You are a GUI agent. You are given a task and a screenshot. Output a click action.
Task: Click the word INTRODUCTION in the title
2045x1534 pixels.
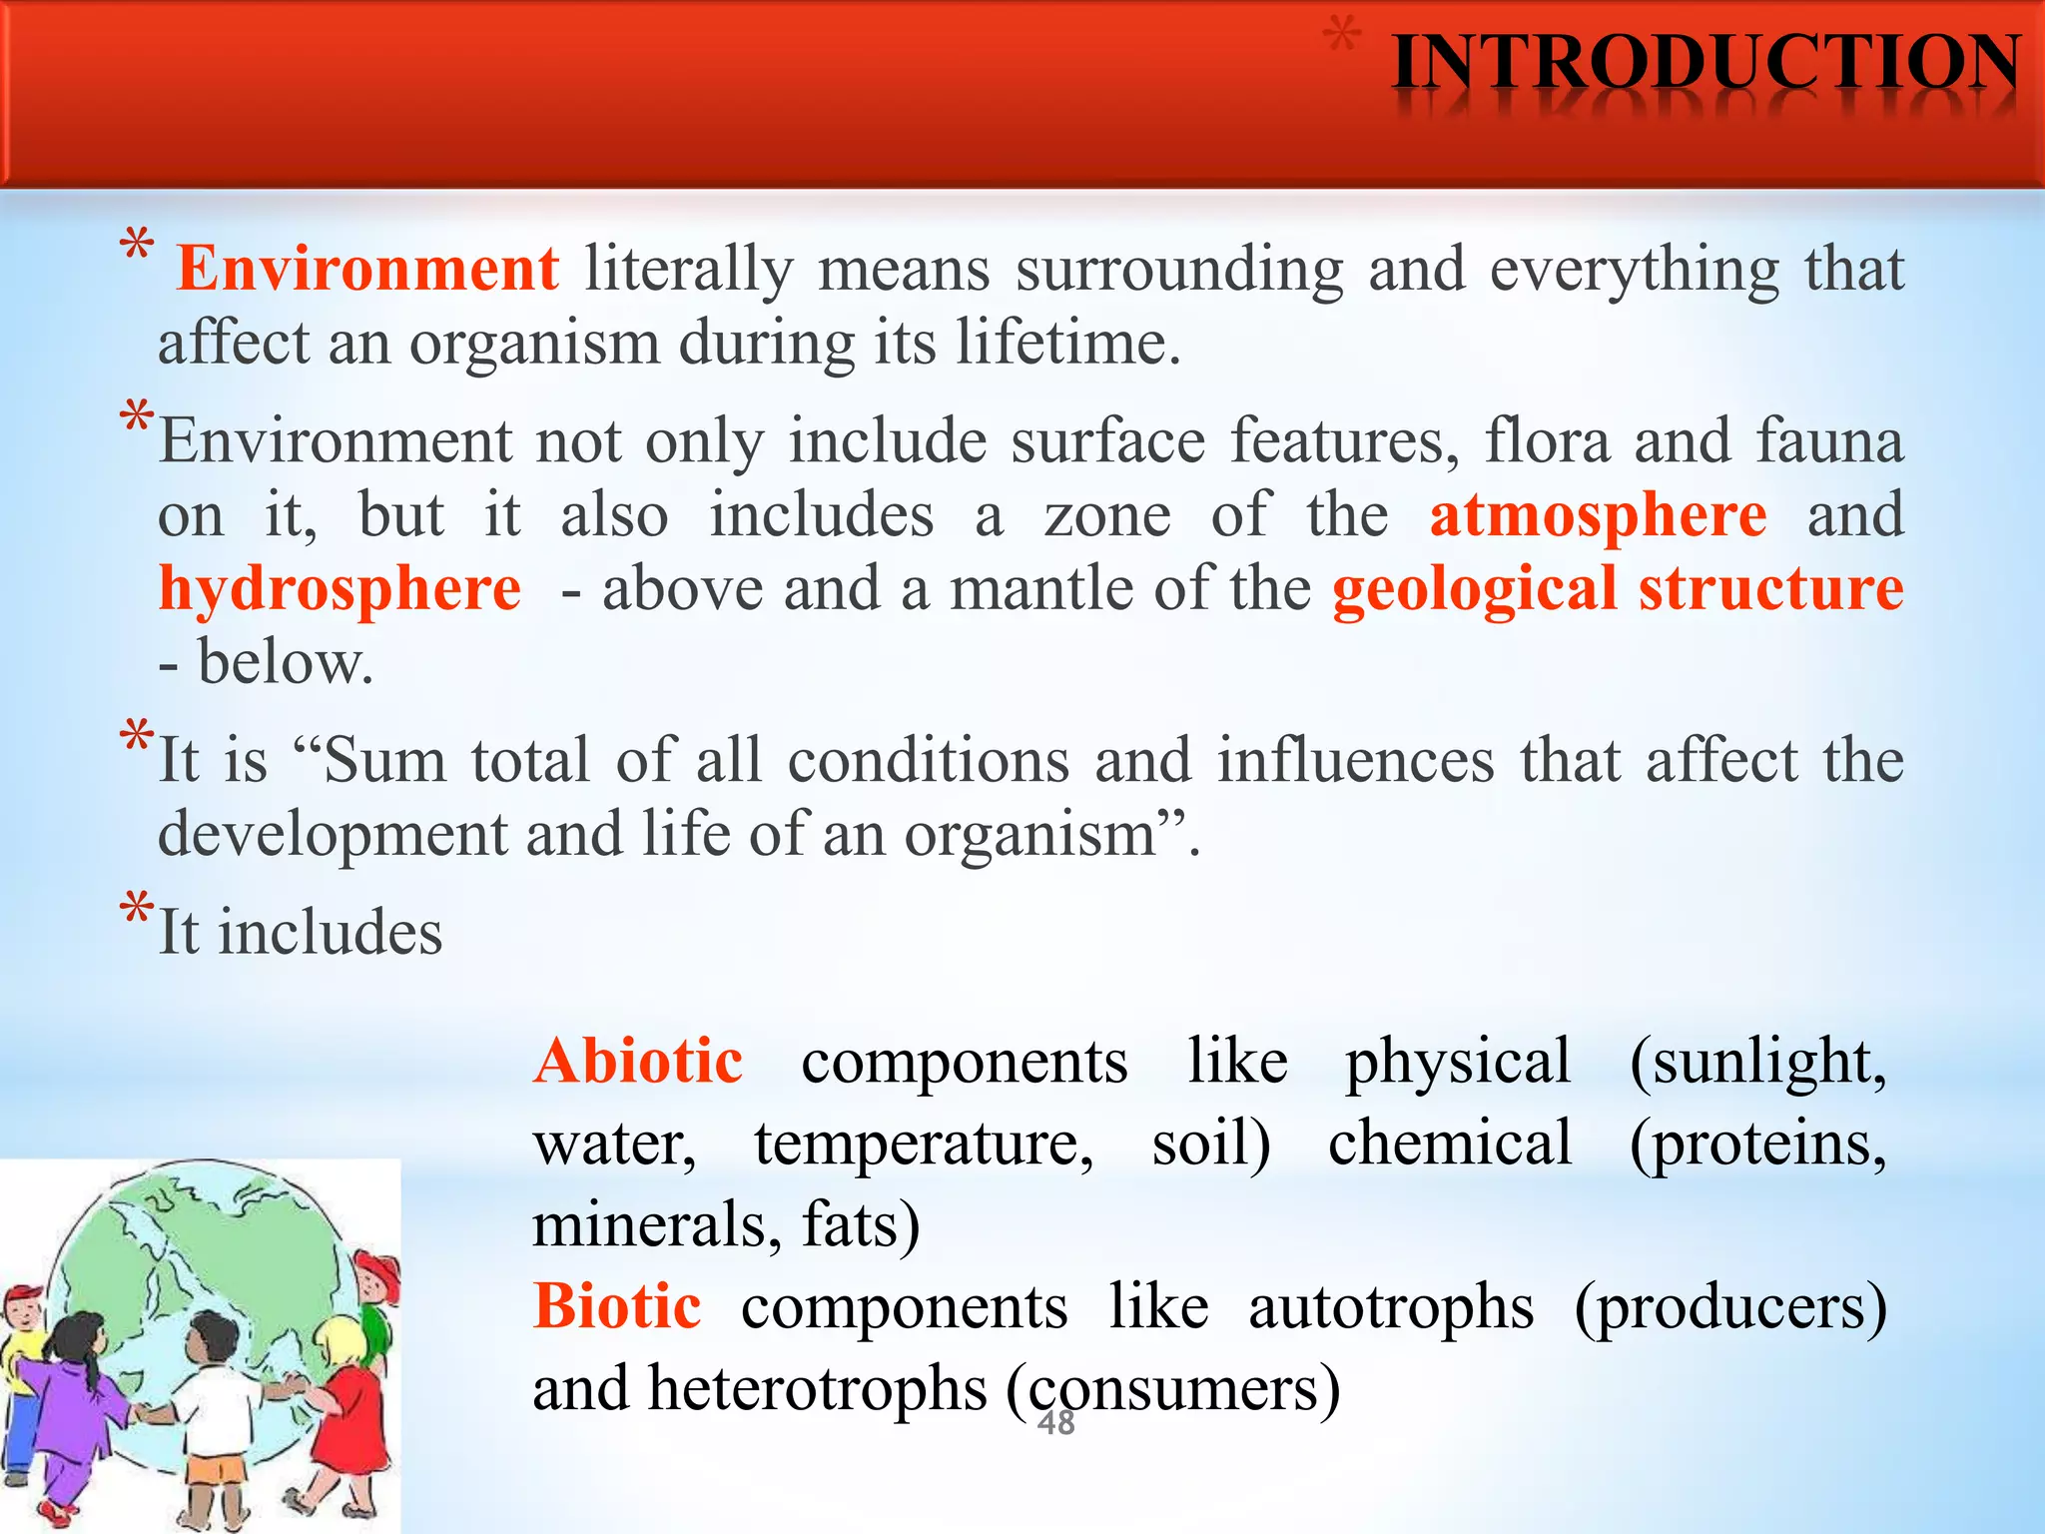point(1705,64)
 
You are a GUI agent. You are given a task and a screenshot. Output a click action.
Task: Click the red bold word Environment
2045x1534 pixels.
point(367,270)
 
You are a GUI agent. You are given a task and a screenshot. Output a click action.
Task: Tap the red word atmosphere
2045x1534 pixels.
point(1598,515)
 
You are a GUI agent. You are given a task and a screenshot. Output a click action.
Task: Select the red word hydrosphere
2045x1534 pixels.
point(340,589)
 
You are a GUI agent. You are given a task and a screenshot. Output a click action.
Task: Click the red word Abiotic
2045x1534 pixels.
point(638,1062)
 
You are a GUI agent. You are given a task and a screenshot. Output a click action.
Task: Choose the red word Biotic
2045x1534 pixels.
point(617,1306)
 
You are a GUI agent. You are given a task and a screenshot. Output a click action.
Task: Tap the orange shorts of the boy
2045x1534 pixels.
point(218,1472)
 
